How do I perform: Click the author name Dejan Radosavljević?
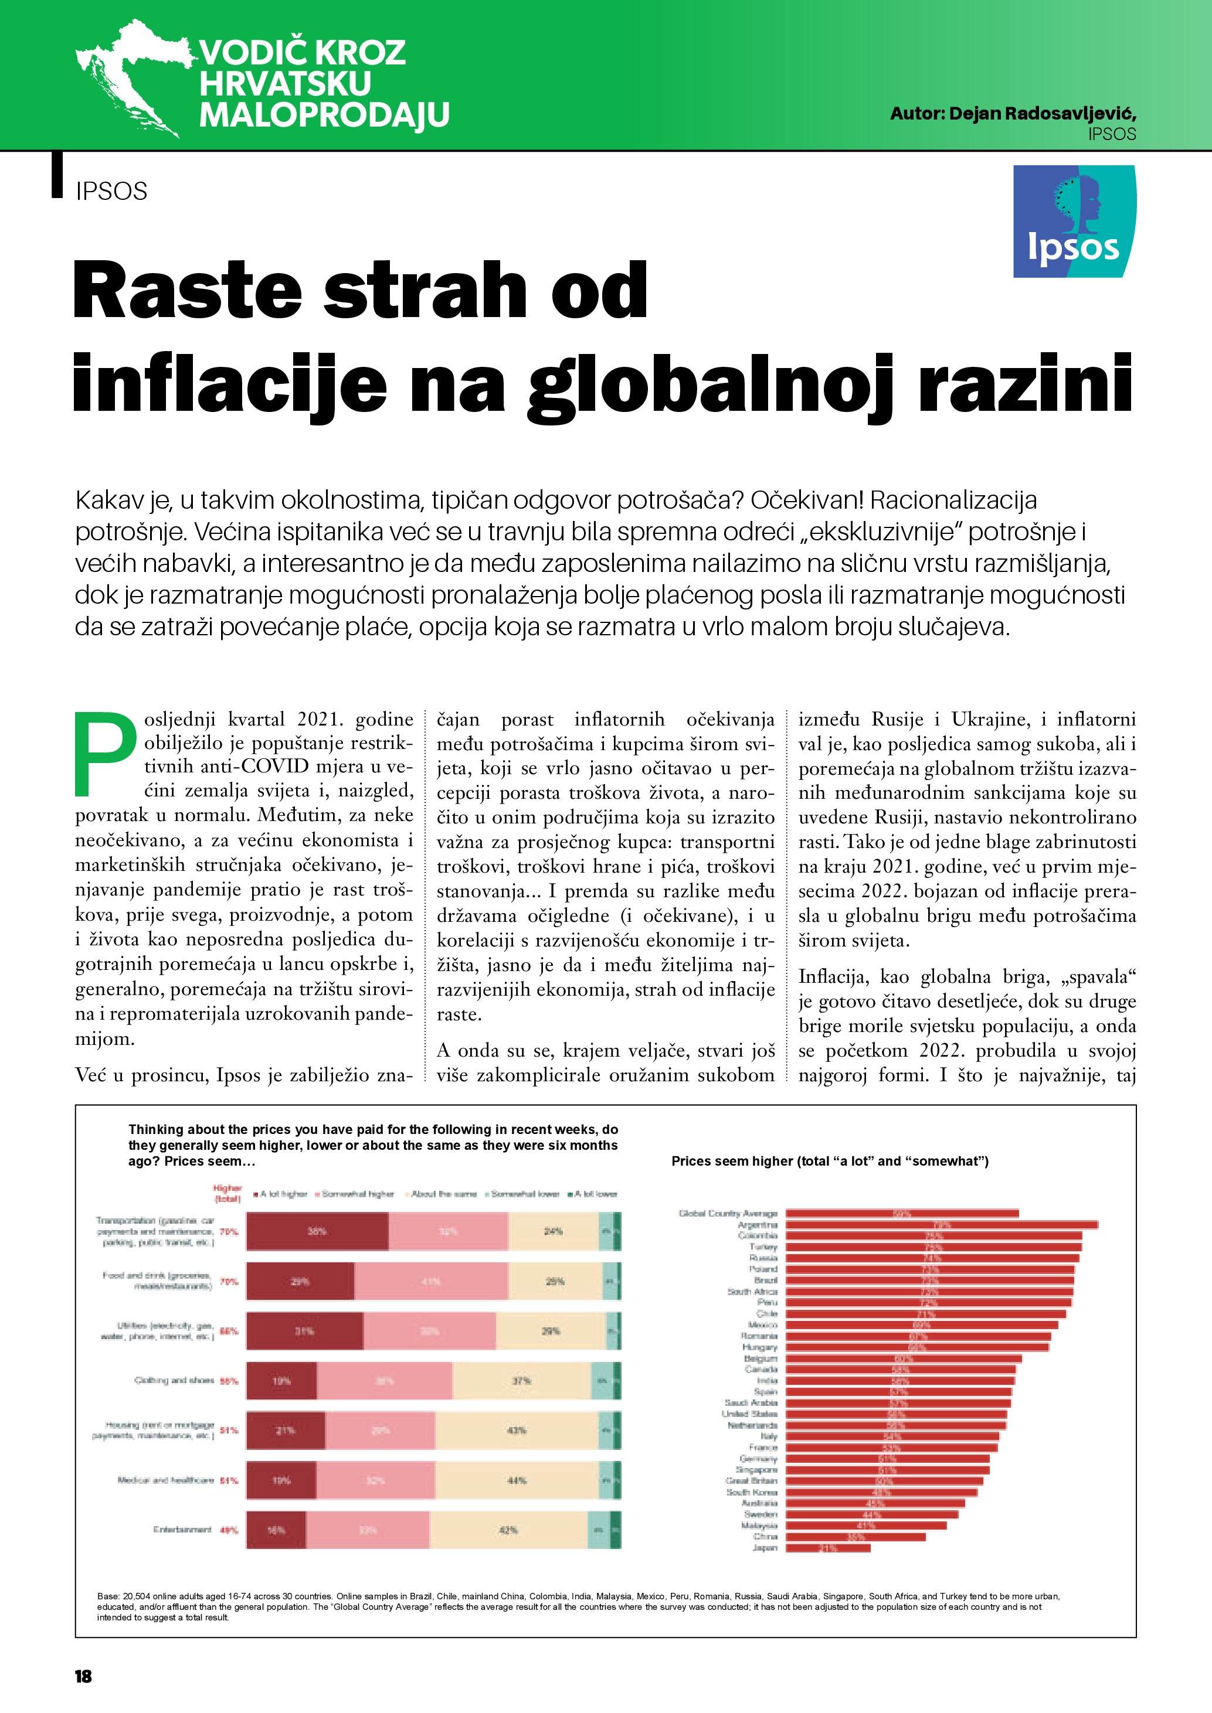1013,114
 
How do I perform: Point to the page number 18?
83,1675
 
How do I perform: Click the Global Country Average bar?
902,1213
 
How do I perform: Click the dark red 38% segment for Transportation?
317,1231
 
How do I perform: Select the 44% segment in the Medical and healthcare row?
517,1480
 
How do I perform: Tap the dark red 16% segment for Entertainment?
276,1530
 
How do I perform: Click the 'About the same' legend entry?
443,1194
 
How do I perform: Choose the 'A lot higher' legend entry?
283,1194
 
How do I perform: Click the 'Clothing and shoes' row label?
174,1380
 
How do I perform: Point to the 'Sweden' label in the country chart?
761,1514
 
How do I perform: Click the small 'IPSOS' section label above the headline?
111,191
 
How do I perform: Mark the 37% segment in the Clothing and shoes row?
521,1381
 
